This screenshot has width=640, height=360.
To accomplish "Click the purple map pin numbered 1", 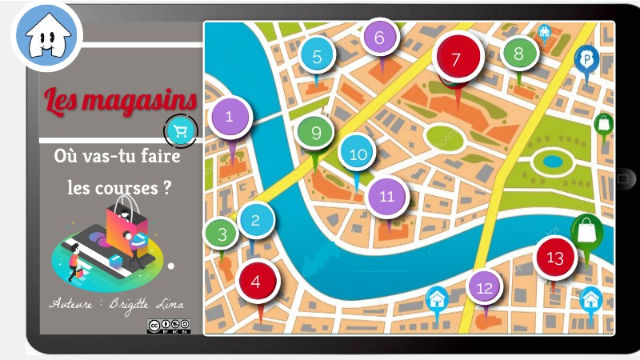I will [x=230, y=117].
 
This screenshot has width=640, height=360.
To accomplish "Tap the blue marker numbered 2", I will [x=256, y=219].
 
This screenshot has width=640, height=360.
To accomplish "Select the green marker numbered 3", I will [x=222, y=234].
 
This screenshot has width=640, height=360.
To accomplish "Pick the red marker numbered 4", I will [x=257, y=282].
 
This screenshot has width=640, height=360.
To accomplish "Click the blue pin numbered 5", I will [x=318, y=57].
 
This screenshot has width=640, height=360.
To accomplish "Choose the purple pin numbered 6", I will [x=380, y=37].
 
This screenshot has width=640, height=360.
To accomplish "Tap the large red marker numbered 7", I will [x=456, y=58].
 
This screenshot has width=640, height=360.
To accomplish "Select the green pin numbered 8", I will [x=518, y=54].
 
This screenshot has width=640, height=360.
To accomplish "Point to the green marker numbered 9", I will [x=316, y=133].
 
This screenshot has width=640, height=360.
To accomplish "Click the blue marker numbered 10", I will [x=358, y=154].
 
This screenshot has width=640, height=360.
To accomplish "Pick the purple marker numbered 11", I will [x=387, y=196].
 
